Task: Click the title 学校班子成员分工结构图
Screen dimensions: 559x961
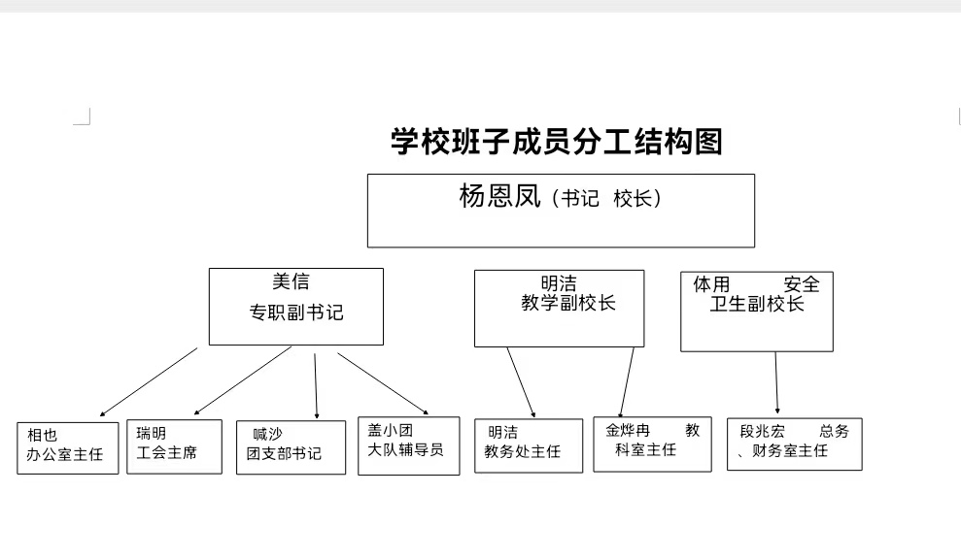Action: tap(557, 143)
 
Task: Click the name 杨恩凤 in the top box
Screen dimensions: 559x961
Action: tap(498, 197)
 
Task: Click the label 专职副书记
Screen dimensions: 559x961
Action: tap(296, 313)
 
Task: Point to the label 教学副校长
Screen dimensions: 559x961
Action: tap(568, 303)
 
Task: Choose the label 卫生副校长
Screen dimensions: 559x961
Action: tap(757, 304)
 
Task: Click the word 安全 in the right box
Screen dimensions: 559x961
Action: tap(802, 284)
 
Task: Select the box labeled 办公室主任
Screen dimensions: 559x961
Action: tap(67, 446)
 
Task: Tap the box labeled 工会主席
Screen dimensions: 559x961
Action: tap(174, 445)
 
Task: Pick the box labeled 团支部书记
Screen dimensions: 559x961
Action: tap(290, 446)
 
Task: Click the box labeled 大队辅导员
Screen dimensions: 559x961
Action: tap(408, 445)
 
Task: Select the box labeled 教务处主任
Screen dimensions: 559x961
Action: tap(528, 445)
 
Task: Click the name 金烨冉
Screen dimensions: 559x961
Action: tap(628, 430)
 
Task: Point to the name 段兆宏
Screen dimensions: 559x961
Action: tap(763, 431)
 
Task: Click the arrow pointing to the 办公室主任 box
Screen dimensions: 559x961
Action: tap(148, 382)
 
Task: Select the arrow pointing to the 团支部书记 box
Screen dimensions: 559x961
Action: tap(316, 386)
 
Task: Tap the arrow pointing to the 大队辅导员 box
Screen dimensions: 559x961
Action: tap(383, 382)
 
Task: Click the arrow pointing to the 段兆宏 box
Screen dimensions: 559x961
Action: tap(776, 383)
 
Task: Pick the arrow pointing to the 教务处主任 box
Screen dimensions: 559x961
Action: tap(521, 382)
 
